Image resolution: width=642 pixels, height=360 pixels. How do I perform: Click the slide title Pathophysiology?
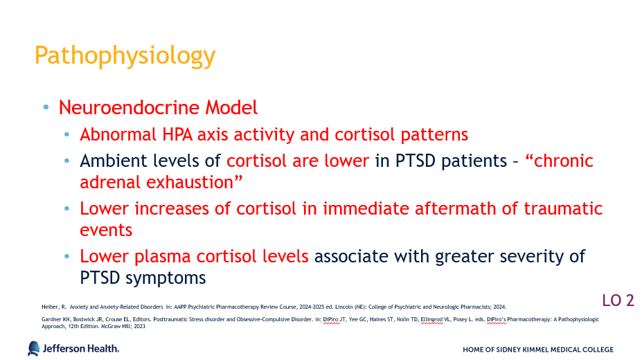click(x=125, y=56)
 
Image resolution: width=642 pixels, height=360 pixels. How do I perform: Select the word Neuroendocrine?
click(x=129, y=107)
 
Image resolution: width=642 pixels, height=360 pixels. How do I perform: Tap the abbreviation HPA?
click(x=177, y=134)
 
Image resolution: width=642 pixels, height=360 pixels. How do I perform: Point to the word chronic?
click(x=563, y=161)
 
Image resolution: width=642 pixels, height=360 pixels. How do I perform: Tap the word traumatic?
click(x=563, y=208)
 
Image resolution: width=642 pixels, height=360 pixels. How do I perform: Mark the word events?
click(x=106, y=231)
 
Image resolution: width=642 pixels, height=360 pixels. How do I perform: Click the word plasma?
click(x=163, y=257)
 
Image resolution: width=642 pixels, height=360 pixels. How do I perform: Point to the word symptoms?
click(x=166, y=278)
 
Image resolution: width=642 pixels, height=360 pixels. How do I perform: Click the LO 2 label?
click(x=618, y=300)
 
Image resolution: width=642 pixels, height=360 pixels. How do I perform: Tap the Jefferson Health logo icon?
click(x=34, y=348)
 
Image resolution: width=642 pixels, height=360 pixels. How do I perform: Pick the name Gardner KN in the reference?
click(x=56, y=320)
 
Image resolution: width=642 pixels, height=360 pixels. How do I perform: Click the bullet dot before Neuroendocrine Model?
click(x=46, y=107)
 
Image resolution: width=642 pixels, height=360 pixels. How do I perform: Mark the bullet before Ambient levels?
click(x=66, y=161)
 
